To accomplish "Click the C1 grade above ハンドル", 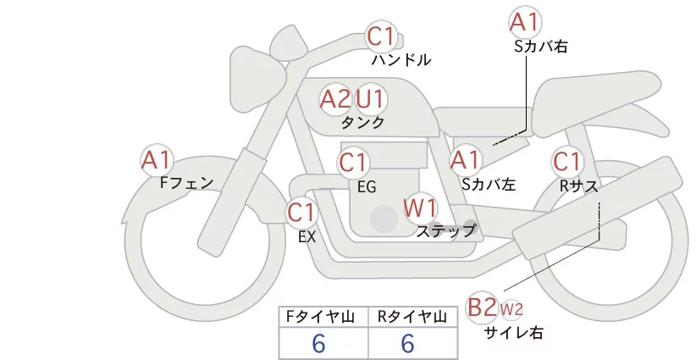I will click(x=381, y=36).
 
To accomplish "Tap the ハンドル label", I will click(x=401, y=60).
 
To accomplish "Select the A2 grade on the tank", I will click(x=335, y=99).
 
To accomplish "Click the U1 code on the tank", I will click(x=370, y=99).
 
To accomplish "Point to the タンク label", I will click(x=362, y=123).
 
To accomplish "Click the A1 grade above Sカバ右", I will click(x=525, y=21).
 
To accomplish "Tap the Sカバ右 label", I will click(x=540, y=47).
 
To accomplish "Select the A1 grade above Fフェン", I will click(x=157, y=159).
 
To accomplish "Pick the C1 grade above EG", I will click(x=353, y=162).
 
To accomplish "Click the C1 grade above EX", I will click(x=301, y=212).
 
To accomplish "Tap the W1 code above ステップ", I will click(x=420, y=207).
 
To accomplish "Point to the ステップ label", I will click(x=446, y=230).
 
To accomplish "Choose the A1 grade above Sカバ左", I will click(x=466, y=159).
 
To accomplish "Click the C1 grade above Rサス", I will click(x=566, y=161).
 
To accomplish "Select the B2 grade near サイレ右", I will click(x=483, y=307).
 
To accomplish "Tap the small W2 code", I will click(x=511, y=308).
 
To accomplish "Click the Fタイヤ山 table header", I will click(x=323, y=316).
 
